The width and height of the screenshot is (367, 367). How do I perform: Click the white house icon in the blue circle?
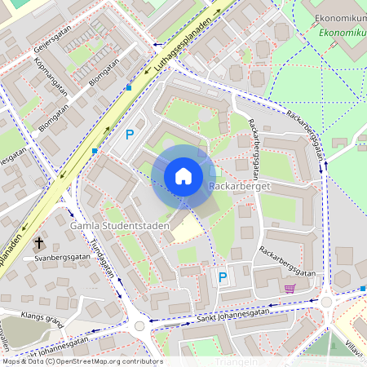pos(183,176)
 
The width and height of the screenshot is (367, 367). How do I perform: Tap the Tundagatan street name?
pos(103,262)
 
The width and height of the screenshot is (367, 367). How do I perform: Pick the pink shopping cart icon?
pos(290,288)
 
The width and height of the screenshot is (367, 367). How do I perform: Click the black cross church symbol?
pos(38,242)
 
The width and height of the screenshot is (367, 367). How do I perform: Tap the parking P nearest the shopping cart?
pos(222,277)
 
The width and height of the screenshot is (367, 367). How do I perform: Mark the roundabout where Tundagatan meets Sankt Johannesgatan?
pos(139,325)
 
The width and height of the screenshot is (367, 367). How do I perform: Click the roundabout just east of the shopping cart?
pos(327,301)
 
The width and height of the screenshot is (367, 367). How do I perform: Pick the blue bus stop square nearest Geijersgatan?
pos(129,87)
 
